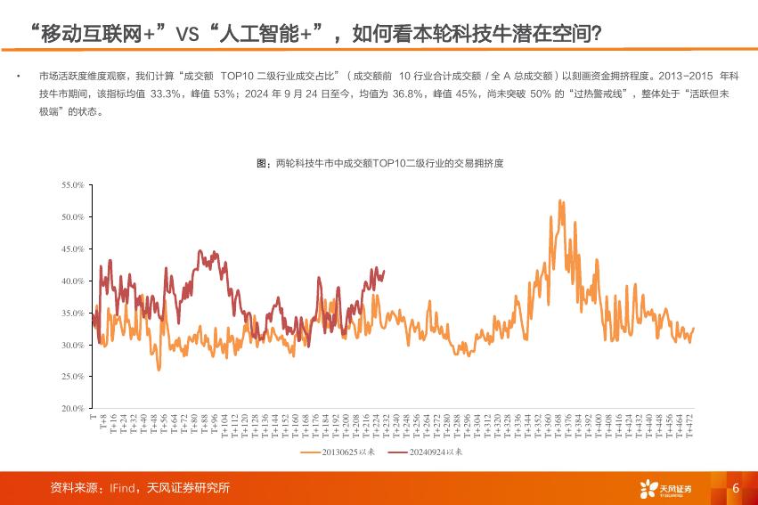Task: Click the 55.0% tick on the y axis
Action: [x=72, y=184]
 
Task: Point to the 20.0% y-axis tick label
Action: [x=72, y=409]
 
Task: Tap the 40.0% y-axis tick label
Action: [x=72, y=281]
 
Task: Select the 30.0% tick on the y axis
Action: [x=72, y=345]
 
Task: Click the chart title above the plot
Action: [x=379, y=163]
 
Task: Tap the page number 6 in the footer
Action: [x=736, y=488]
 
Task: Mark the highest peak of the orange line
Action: [x=559, y=200]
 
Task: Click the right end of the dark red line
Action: [x=384, y=270]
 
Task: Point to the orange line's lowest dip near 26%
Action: [x=159, y=369]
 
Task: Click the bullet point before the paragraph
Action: [x=19, y=77]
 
